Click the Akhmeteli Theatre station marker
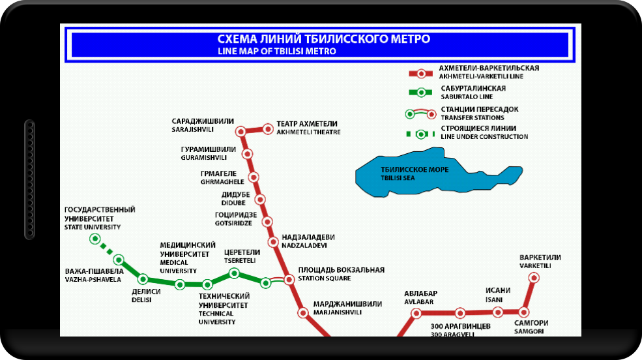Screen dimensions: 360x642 [267, 129]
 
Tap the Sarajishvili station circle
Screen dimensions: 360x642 [241, 131]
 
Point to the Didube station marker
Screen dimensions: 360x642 [260, 200]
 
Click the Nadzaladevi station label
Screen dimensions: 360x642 [308, 241]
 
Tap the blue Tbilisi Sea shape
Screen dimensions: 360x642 [430, 174]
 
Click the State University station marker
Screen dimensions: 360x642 [95, 239]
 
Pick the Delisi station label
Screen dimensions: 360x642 [141, 296]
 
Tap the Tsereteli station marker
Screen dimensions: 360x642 [234, 273]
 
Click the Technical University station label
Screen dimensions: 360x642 [224, 308]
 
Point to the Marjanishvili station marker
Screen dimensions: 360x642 [303, 312]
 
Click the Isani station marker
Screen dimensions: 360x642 [498, 312]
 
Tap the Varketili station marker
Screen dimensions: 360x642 [534, 278]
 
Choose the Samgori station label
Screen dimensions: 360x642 [531, 327]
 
